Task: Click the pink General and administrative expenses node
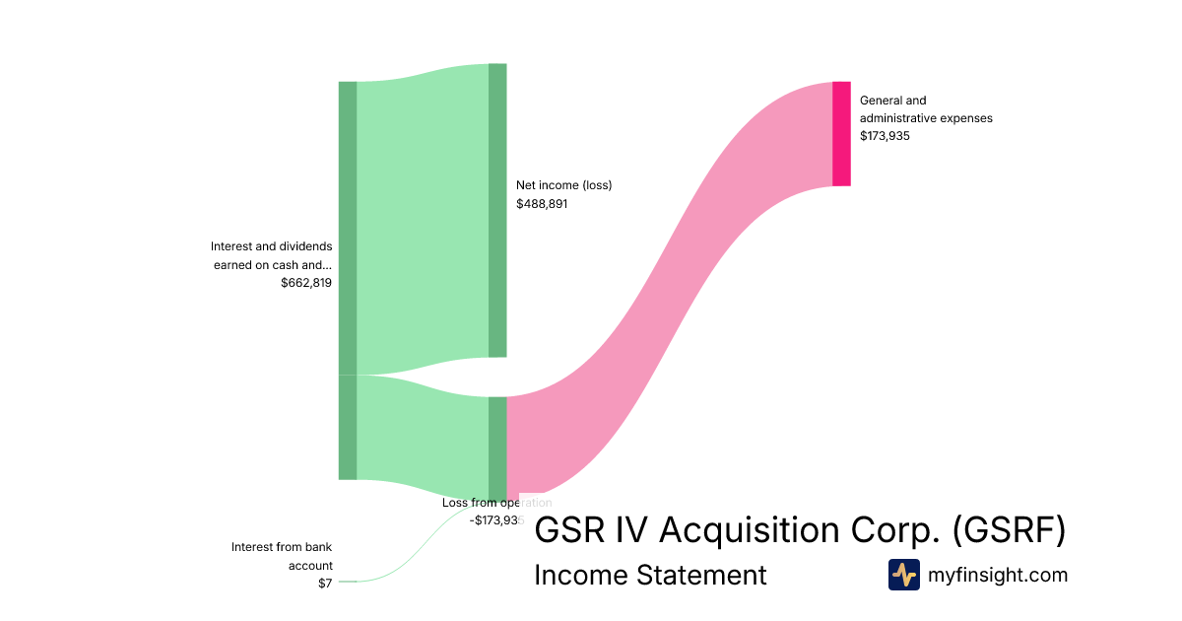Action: [841, 134]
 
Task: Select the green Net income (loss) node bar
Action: [497, 210]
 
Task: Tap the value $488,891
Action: [542, 204]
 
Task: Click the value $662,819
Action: [306, 282]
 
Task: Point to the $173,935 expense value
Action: [885, 136]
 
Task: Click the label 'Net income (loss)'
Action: [563, 185]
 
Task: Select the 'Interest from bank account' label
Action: [282, 556]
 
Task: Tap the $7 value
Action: [325, 583]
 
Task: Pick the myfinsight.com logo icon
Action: [903, 575]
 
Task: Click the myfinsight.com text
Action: [998, 575]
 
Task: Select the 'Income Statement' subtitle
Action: [650, 575]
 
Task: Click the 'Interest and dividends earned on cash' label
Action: [272, 255]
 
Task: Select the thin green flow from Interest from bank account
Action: [414, 557]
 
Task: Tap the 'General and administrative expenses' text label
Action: [925, 108]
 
